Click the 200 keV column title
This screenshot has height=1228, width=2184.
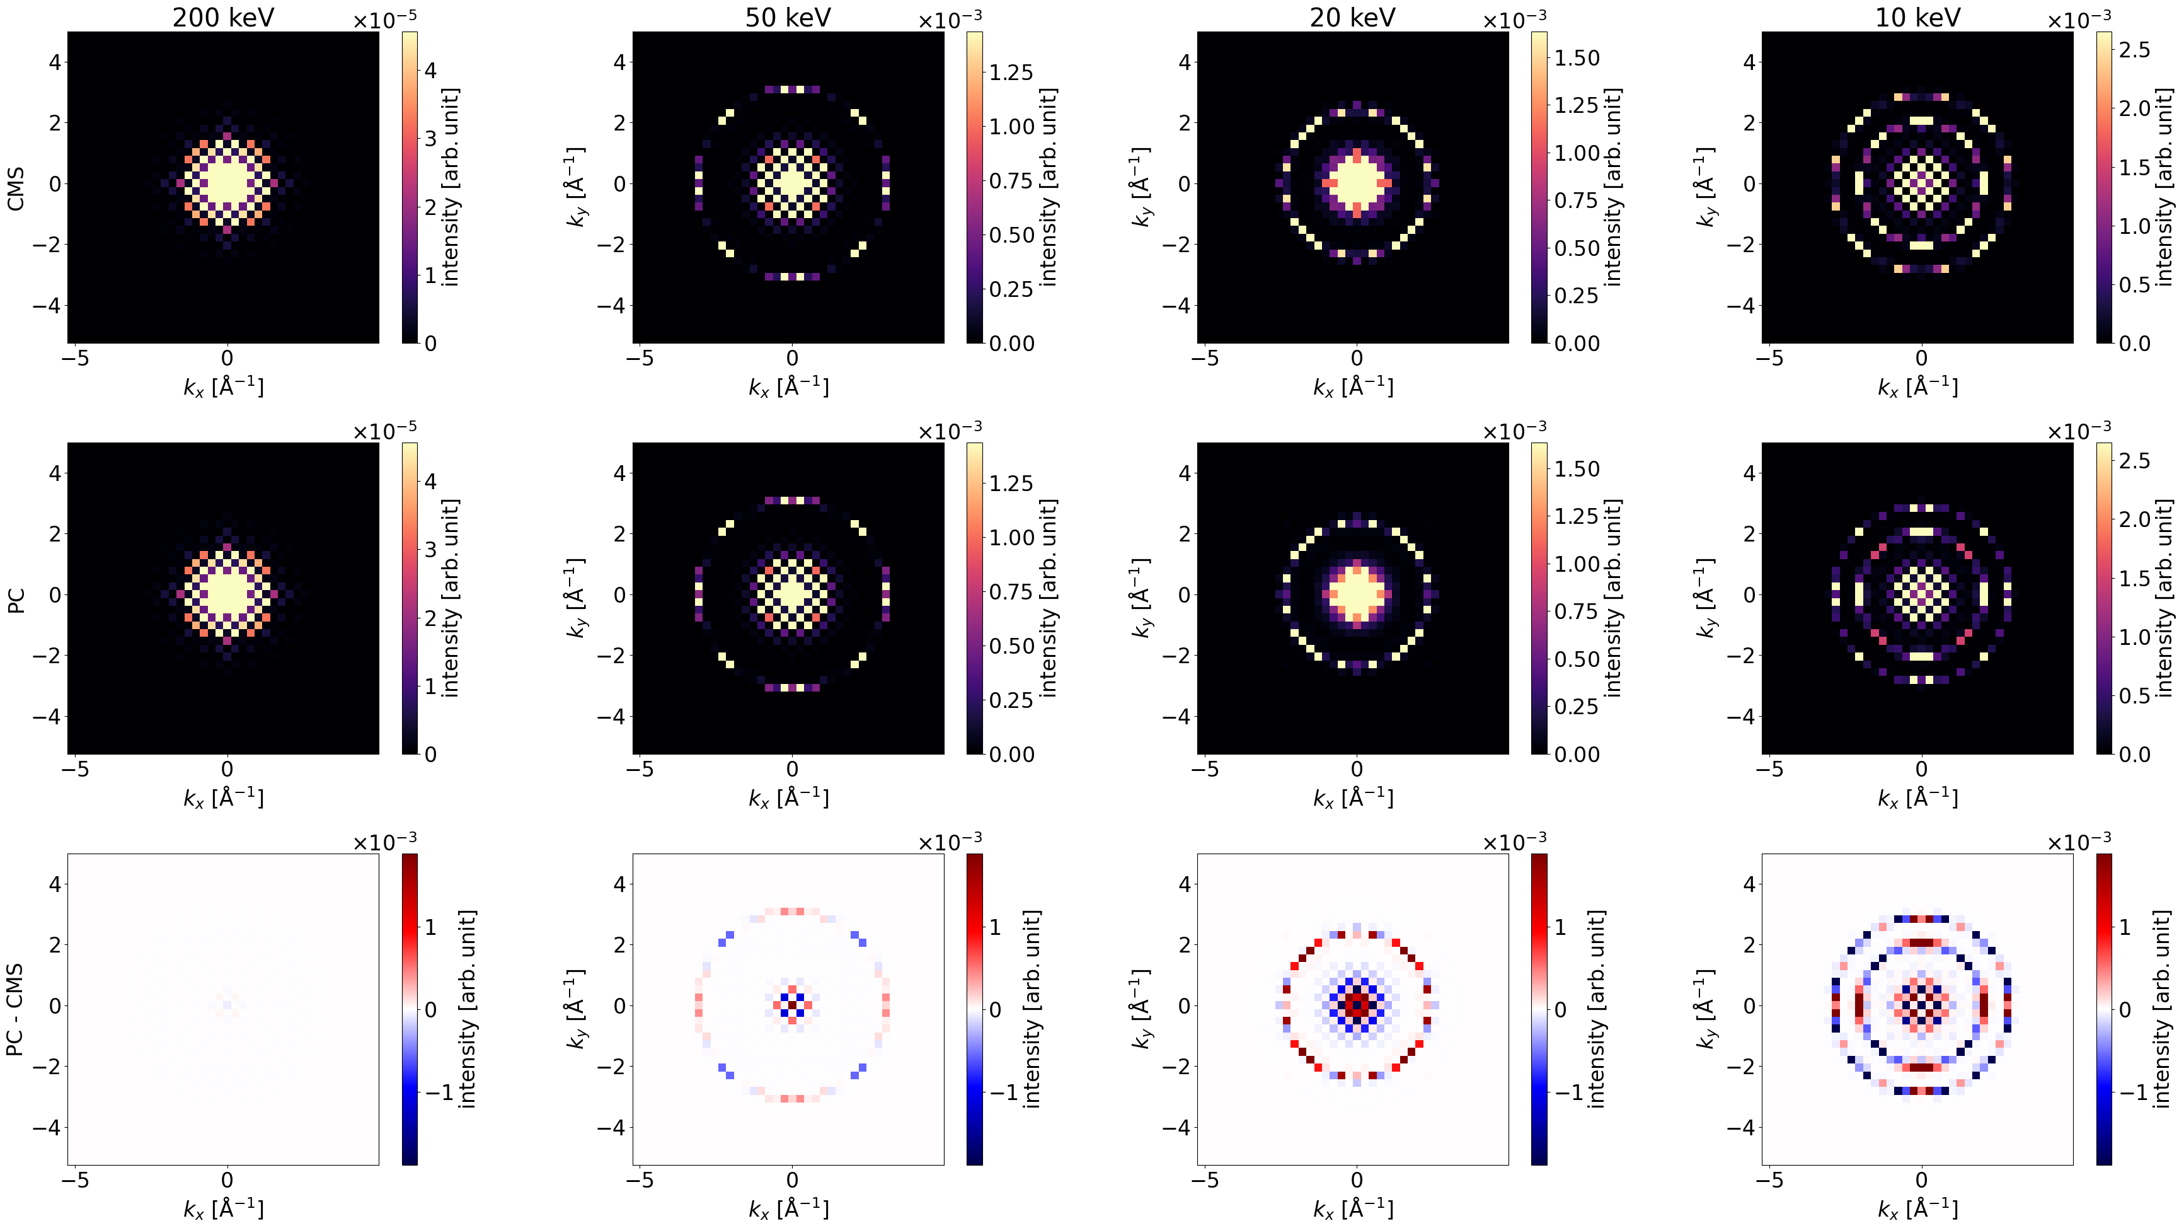[x=223, y=17]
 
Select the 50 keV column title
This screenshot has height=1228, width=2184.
[x=788, y=17]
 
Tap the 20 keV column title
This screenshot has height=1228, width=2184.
[x=1352, y=17]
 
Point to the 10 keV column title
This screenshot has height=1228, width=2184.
[x=1918, y=17]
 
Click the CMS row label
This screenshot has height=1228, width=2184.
[x=15, y=188]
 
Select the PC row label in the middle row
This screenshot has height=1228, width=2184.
[x=15, y=600]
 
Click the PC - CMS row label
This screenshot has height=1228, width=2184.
[x=15, y=1009]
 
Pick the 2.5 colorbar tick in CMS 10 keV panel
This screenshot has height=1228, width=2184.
[x=2134, y=50]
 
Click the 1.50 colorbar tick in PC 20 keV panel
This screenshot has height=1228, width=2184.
[x=1577, y=469]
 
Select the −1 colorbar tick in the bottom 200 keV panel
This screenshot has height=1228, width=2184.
[x=439, y=1092]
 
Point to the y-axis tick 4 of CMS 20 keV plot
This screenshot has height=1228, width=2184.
[x=1185, y=62]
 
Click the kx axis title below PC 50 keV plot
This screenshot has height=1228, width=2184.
[x=788, y=798]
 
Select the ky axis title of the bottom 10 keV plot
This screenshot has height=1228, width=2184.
[x=1705, y=1009]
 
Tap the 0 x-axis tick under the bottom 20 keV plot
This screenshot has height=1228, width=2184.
[x=1357, y=1181]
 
